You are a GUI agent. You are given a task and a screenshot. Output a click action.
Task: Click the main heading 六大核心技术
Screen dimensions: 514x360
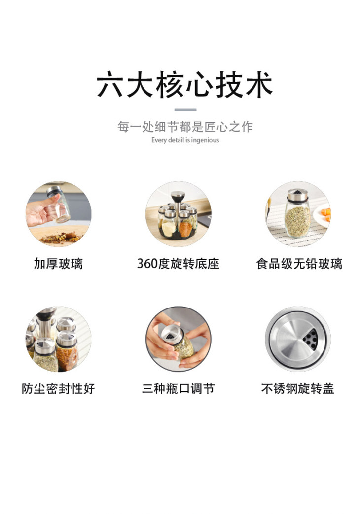click(184, 85)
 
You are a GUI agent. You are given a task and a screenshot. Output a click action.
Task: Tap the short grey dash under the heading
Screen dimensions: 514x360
click(185, 110)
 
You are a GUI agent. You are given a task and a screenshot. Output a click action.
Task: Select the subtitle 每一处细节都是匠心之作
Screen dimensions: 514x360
click(185, 127)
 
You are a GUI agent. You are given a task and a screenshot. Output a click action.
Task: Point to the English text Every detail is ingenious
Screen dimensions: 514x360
click(185, 140)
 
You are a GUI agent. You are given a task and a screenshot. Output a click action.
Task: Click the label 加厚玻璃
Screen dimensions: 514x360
click(58, 264)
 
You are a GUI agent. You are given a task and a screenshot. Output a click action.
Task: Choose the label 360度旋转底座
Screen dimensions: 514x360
click(178, 264)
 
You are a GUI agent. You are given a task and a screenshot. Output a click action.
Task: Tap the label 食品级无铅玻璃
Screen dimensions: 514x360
click(299, 264)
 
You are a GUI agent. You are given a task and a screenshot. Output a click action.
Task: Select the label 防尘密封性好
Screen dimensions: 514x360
click(58, 389)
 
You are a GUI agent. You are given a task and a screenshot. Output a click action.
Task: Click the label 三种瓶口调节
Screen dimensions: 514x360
click(178, 389)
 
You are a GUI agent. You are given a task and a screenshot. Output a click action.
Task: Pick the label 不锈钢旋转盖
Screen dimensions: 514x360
click(297, 389)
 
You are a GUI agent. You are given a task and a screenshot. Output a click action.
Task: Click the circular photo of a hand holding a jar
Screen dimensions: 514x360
click(58, 214)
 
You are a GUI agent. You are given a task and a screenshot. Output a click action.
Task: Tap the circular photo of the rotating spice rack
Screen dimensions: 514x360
click(178, 214)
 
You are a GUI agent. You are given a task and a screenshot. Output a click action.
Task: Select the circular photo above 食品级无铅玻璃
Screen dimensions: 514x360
click(298, 214)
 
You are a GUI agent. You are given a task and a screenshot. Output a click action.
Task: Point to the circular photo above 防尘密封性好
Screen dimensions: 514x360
click(58, 339)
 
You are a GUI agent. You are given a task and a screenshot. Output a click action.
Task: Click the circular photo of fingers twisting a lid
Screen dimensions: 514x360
click(178, 339)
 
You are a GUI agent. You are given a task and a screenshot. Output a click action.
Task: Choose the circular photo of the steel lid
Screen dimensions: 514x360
click(298, 339)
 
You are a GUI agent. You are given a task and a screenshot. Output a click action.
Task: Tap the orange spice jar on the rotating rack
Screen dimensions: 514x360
click(185, 227)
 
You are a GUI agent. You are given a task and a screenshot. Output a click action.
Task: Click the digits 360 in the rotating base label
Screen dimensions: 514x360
click(146, 264)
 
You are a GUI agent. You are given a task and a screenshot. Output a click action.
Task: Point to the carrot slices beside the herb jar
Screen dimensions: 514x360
click(325, 214)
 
